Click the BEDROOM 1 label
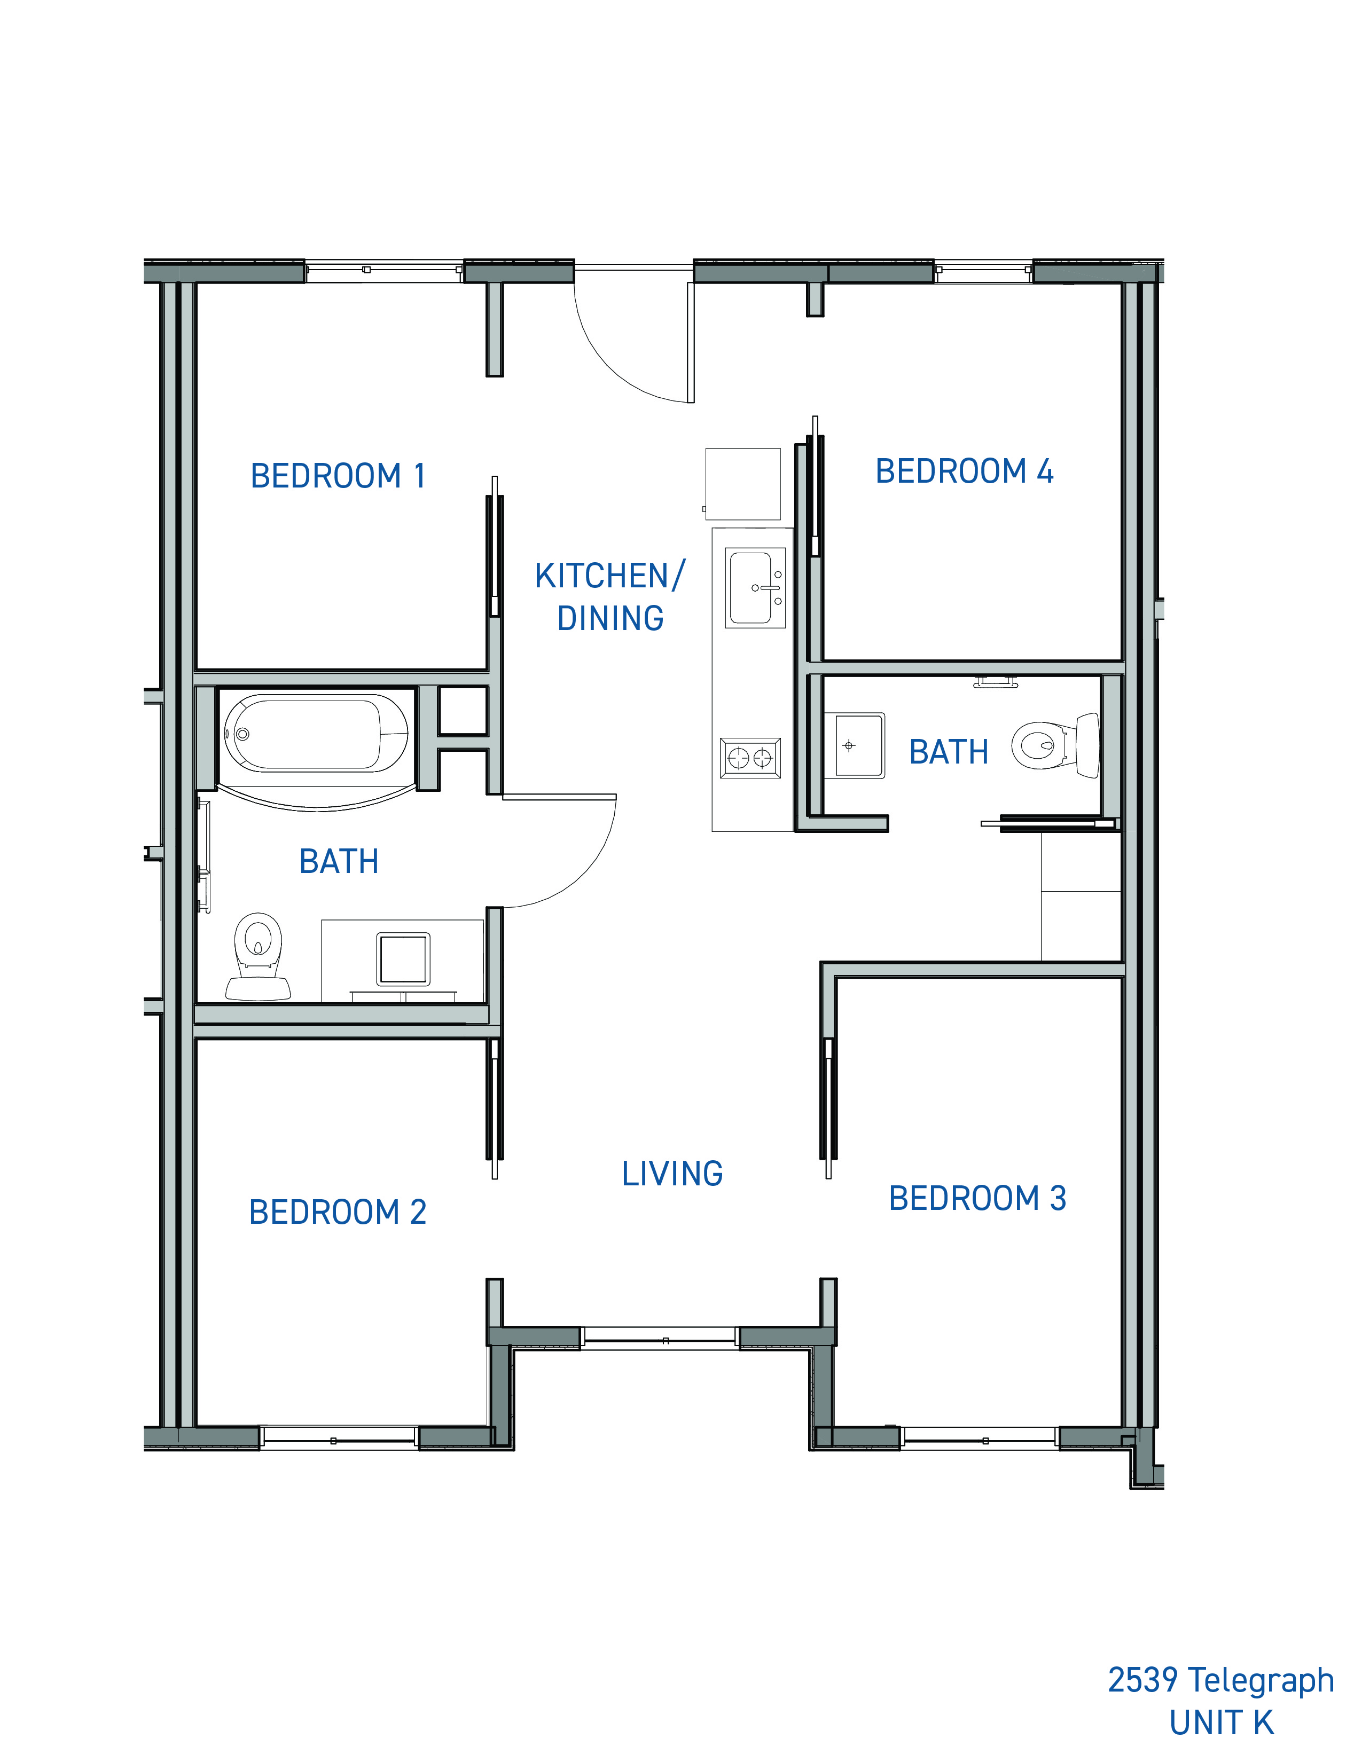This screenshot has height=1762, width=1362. click(x=338, y=476)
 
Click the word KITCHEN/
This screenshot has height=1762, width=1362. click(x=610, y=576)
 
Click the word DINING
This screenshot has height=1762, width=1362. click(x=611, y=619)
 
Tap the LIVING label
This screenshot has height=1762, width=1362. click(x=672, y=1174)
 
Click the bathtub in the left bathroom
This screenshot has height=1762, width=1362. click(x=316, y=733)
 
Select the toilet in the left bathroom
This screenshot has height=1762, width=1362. click(x=258, y=957)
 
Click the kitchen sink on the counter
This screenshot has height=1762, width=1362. click(x=755, y=588)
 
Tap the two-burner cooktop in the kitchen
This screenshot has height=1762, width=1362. click(x=750, y=758)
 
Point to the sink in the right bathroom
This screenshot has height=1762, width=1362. click(x=860, y=745)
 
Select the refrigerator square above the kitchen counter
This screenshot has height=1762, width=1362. click(x=743, y=484)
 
